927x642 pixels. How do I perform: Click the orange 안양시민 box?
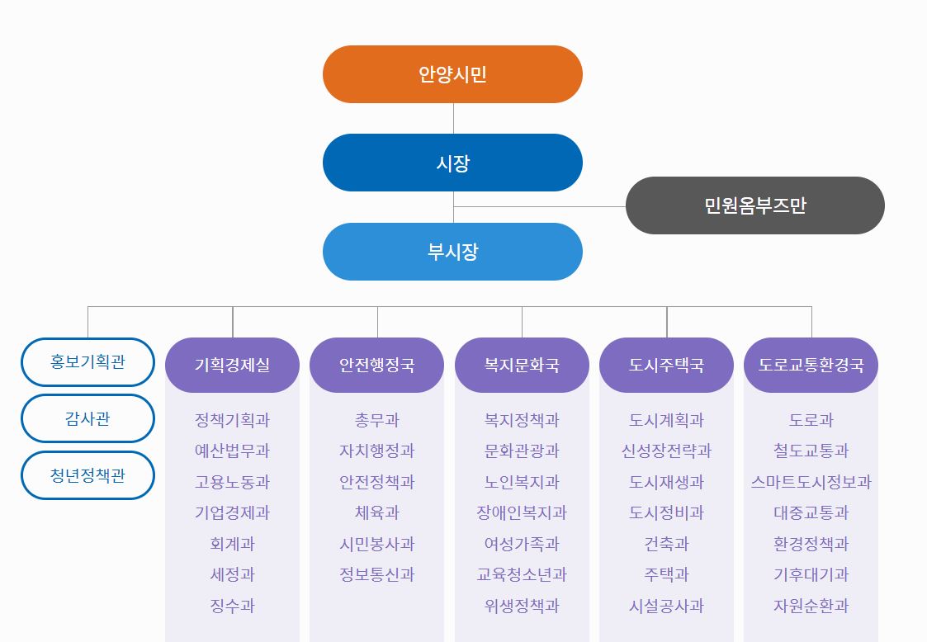point(452,74)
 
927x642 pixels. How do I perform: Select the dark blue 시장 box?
point(452,163)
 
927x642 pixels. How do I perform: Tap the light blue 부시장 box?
point(452,252)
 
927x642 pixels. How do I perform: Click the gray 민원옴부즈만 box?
point(754,205)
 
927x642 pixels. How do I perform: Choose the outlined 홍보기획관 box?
point(87,361)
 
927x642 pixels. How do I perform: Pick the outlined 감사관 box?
point(87,418)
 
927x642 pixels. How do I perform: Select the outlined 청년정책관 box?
point(87,475)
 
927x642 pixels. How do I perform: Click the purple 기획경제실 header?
point(232,365)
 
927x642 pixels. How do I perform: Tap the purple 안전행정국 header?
point(377,365)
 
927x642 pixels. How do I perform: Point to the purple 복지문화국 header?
point(522,365)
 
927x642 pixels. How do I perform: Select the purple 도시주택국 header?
point(666,365)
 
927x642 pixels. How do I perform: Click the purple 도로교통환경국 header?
point(811,365)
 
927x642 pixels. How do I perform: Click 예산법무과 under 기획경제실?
point(232,451)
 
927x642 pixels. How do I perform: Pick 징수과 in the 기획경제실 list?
point(232,606)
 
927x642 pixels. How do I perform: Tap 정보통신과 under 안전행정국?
point(377,574)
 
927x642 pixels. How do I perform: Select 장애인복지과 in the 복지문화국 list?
point(522,512)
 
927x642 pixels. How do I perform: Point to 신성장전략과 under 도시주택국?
point(666,451)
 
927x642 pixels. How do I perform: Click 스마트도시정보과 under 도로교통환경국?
point(811,482)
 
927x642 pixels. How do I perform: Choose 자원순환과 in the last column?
point(811,606)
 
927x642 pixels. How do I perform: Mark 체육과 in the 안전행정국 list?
point(377,512)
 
